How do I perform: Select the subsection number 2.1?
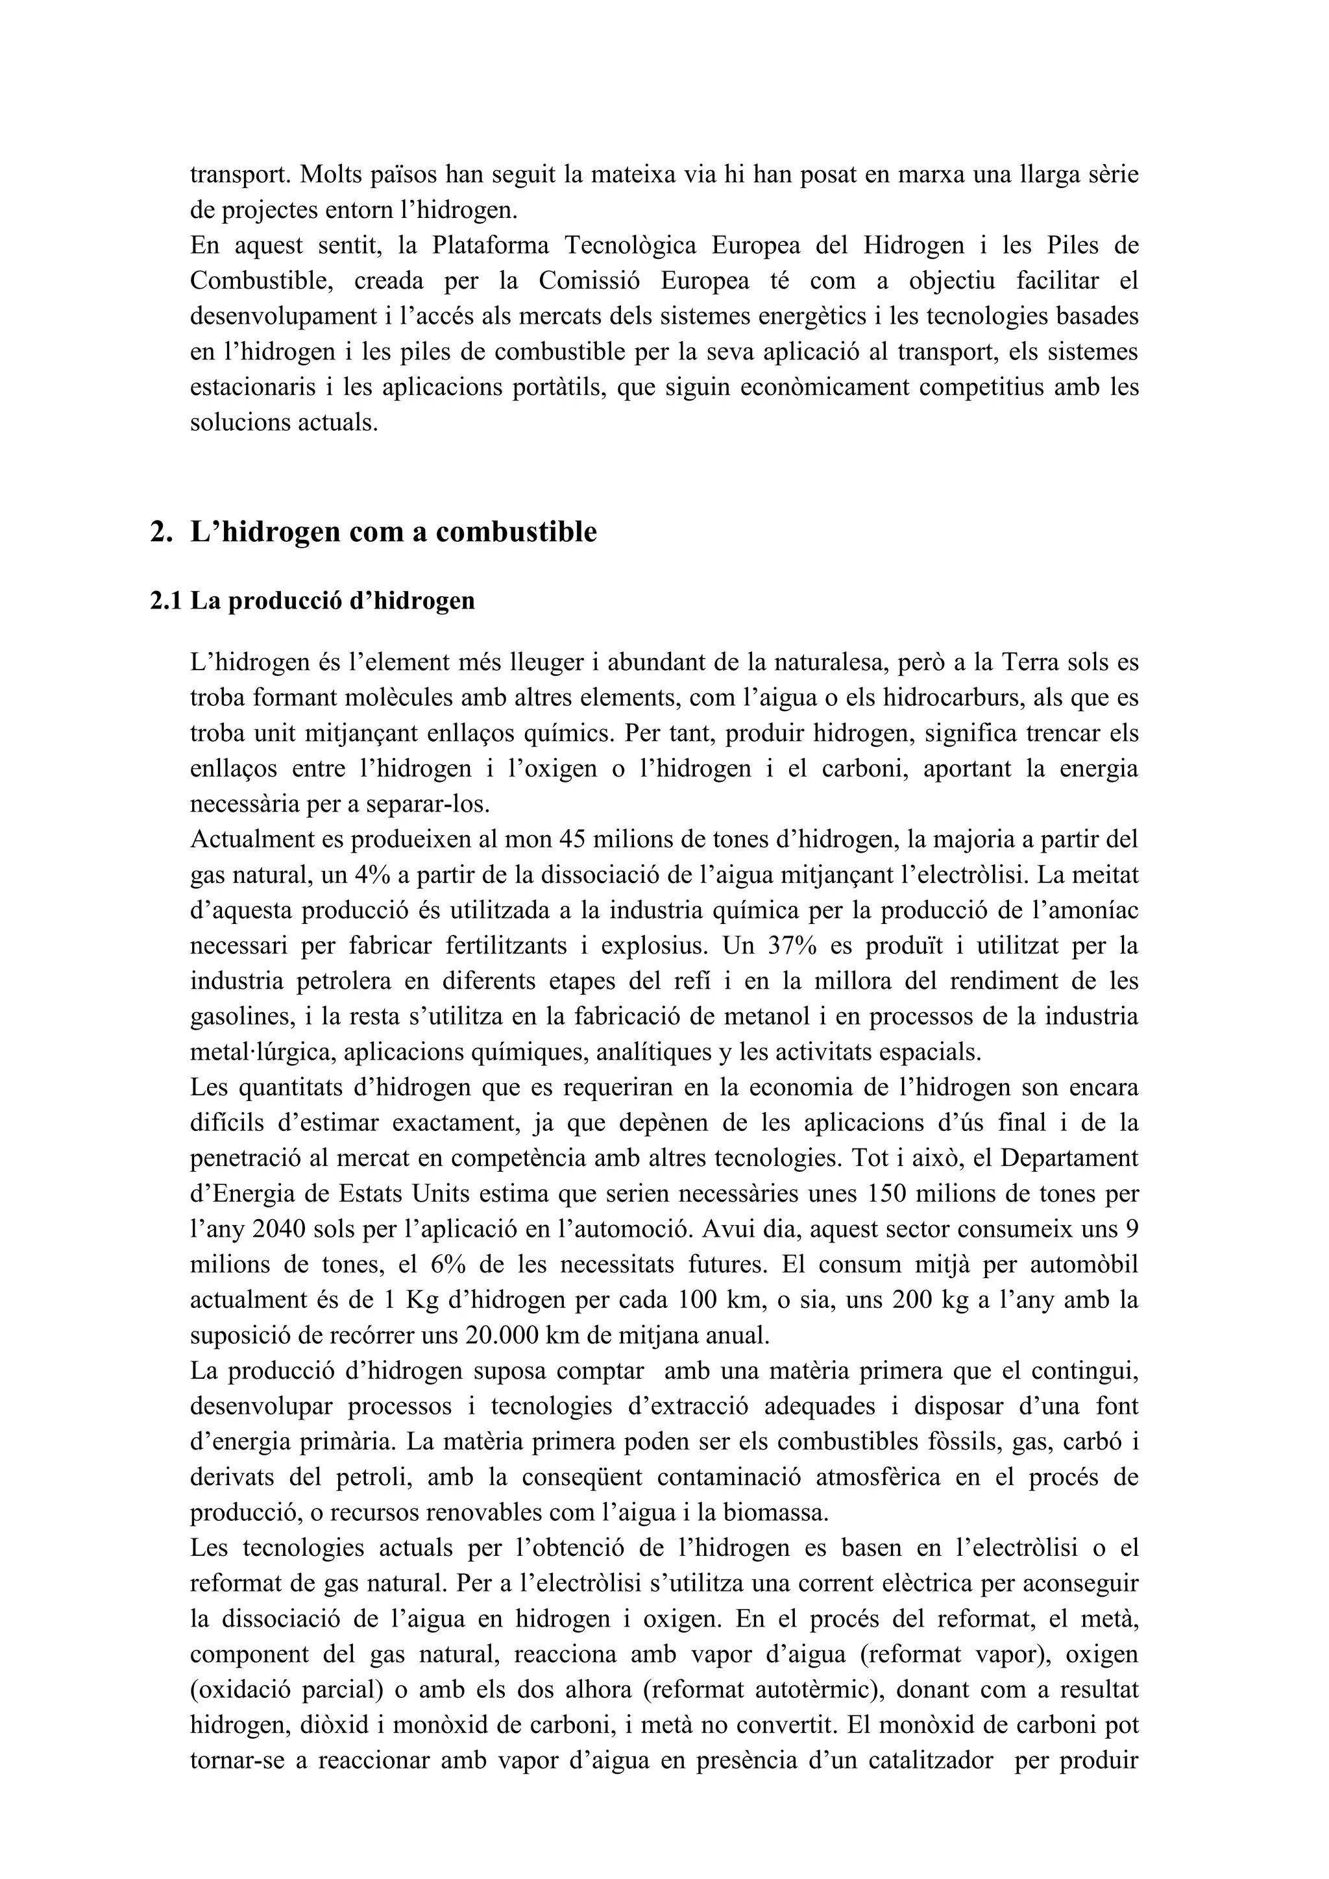tap(166, 601)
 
